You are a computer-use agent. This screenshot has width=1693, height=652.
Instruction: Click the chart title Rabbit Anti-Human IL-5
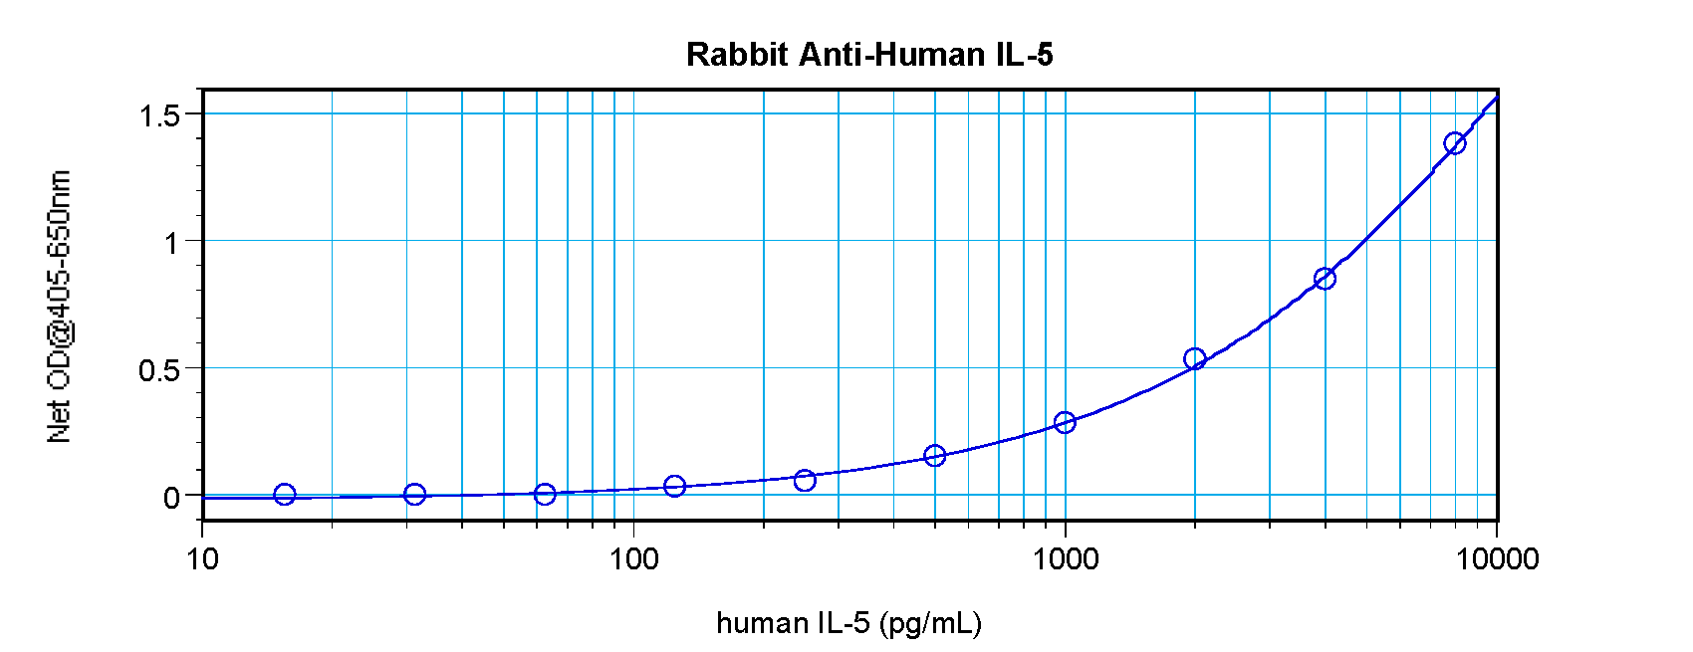(x=868, y=54)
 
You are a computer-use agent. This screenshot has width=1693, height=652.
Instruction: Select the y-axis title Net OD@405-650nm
(x=60, y=307)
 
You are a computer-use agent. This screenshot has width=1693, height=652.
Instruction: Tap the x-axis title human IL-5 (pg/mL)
(x=848, y=623)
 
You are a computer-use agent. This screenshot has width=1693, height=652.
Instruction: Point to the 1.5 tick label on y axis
(x=159, y=115)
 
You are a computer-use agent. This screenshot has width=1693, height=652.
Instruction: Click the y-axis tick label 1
(x=172, y=243)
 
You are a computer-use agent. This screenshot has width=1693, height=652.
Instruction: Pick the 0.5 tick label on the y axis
(x=159, y=370)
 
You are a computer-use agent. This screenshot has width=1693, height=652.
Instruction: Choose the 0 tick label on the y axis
(x=172, y=498)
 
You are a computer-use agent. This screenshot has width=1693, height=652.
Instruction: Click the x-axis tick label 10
(x=202, y=558)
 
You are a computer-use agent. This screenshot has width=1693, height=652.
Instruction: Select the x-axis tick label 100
(x=633, y=558)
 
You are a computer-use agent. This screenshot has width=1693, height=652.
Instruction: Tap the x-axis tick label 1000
(x=1065, y=558)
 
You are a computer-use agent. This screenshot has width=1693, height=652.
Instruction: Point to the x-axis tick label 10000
(x=1496, y=558)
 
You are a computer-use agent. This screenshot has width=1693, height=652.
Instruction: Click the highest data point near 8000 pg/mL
(x=1455, y=143)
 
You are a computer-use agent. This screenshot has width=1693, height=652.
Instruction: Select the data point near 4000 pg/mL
(x=1325, y=279)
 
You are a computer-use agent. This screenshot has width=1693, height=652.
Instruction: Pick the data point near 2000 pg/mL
(x=1195, y=358)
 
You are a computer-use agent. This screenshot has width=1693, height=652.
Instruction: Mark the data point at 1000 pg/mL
(x=1065, y=422)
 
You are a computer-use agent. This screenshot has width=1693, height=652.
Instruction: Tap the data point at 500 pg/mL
(x=934, y=456)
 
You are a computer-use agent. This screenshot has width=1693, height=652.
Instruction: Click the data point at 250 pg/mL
(x=805, y=480)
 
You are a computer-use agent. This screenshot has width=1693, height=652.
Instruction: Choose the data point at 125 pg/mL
(x=674, y=486)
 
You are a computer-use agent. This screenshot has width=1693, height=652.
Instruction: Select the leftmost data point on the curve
(x=285, y=494)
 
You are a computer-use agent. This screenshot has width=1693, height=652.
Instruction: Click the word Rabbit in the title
(x=737, y=54)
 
